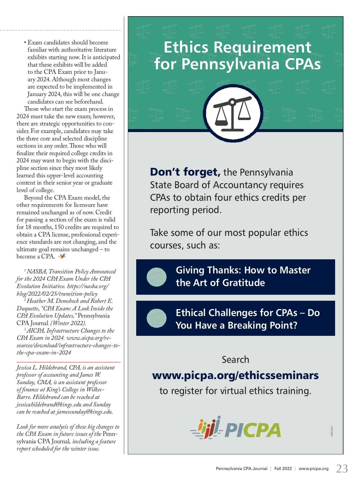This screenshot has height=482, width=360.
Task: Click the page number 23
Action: [342, 468]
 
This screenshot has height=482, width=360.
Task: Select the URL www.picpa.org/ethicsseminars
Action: [235, 375]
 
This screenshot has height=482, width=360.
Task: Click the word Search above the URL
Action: [235, 360]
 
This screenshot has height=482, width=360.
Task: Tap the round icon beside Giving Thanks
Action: [157, 277]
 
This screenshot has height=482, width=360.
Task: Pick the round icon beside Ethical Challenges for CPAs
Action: [157, 318]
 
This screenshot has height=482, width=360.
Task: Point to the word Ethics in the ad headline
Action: [186, 47]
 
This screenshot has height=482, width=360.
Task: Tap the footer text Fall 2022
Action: [283, 468]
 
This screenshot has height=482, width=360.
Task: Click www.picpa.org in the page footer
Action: [313, 468]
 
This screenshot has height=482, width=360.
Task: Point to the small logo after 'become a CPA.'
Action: [62, 256]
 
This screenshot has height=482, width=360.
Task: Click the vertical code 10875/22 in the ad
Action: [332, 431]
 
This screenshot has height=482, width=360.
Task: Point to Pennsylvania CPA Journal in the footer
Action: [241, 468]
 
